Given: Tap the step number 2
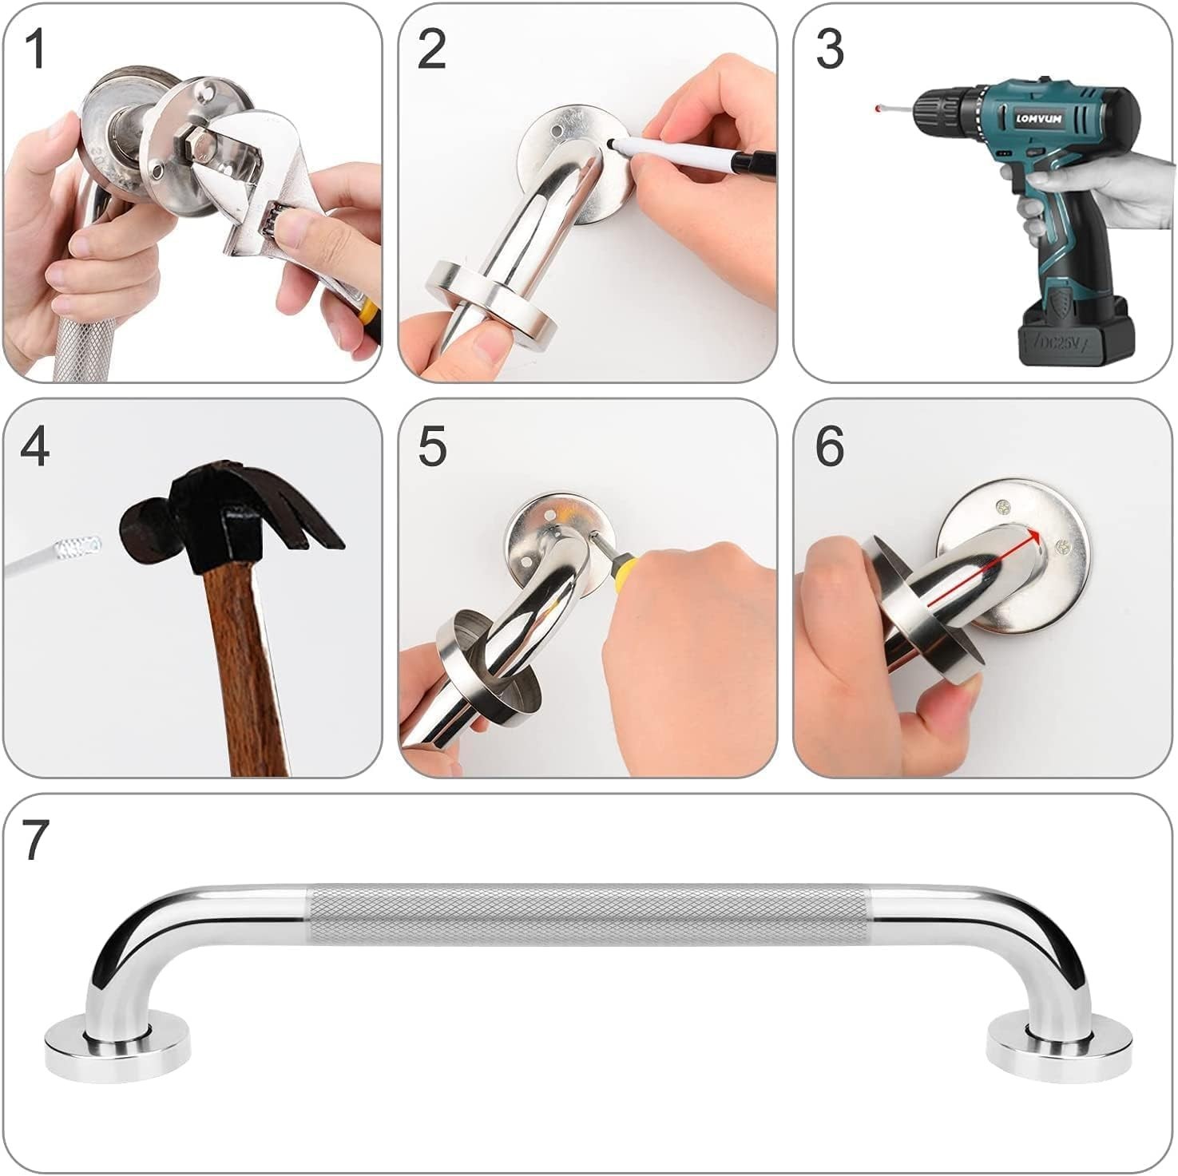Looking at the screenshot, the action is point(431,49).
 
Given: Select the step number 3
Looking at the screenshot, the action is point(830,49).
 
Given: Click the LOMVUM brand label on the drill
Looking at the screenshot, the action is point(1038,119).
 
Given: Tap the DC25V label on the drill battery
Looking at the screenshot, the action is point(1059,341).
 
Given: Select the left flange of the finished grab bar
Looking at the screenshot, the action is point(117,1046).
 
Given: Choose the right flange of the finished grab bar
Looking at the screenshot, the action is point(1059,1044).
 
